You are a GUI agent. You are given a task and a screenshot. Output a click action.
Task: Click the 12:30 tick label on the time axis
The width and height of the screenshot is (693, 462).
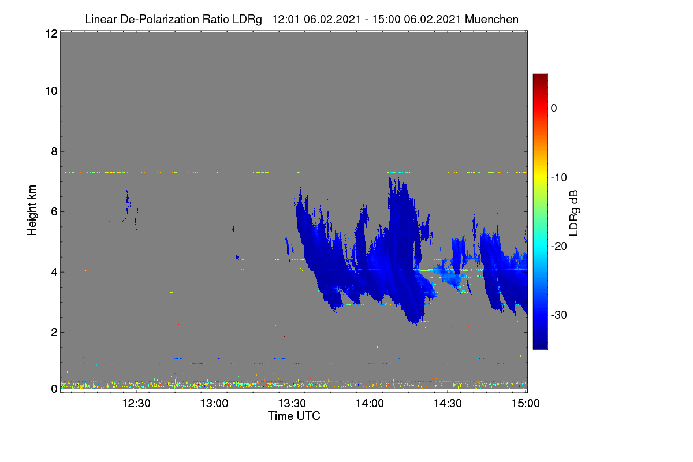[x=136, y=404]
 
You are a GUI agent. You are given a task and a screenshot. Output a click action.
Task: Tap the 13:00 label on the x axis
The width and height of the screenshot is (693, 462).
[x=214, y=404]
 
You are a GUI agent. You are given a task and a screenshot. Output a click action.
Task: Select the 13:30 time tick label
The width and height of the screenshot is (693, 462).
[x=292, y=404]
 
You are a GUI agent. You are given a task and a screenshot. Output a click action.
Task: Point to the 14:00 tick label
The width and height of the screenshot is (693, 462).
[x=370, y=404]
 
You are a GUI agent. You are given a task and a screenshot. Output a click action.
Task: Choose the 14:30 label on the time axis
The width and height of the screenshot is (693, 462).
[x=448, y=404]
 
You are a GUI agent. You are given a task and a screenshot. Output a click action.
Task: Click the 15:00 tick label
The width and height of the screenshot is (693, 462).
[x=526, y=404]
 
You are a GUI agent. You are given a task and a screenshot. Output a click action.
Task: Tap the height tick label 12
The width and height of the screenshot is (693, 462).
[x=51, y=33]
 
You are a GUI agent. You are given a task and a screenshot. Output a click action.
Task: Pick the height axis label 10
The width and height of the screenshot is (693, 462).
[x=51, y=91]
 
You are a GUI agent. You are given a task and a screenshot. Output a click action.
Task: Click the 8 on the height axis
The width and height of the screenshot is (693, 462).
[x=54, y=152]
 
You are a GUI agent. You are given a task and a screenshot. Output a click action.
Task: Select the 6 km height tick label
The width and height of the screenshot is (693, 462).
[x=54, y=212]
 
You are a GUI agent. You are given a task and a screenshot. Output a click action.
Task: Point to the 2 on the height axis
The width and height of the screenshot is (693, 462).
[x=54, y=332]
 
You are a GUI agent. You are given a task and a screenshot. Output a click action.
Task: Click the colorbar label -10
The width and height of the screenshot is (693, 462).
[x=559, y=178]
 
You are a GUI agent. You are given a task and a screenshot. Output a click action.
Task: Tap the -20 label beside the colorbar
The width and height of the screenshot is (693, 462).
[x=559, y=247]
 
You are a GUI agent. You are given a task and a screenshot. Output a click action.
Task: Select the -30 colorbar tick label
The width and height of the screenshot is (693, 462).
[x=559, y=315]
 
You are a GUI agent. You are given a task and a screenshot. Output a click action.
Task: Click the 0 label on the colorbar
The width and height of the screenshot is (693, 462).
[x=554, y=109]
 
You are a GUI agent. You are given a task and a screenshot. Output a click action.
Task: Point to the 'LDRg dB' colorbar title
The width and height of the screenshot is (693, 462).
[x=573, y=213]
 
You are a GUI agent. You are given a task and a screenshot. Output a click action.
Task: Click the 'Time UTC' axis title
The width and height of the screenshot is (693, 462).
[x=294, y=416]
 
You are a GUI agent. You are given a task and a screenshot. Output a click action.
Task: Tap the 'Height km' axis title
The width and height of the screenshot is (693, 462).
[x=32, y=210]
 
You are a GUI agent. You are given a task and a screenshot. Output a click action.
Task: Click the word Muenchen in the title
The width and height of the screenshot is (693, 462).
[x=491, y=20]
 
